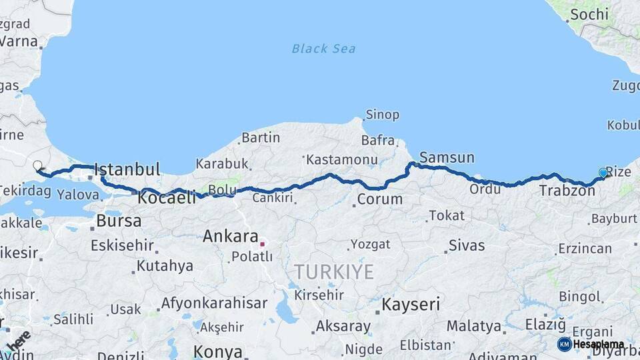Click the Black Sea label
click(x=323, y=49)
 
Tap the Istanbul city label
click(x=127, y=169)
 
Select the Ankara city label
click(x=230, y=236)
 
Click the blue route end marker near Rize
click(x=603, y=173)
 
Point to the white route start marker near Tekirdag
click(x=37, y=165)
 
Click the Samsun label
click(x=447, y=158)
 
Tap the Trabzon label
click(x=567, y=191)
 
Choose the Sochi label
click(x=589, y=14)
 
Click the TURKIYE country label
click(x=335, y=271)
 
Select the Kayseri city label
click(x=411, y=305)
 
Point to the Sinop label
click(x=382, y=115)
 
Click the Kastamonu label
click(x=341, y=160)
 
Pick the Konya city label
click(x=217, y=351)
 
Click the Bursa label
click(x=119, y=221)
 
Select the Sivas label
click(x=467, y=245)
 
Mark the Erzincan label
click(x=585, y=249)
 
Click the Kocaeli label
click(x=167, y=197)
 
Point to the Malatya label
click(x=473, y=326)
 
